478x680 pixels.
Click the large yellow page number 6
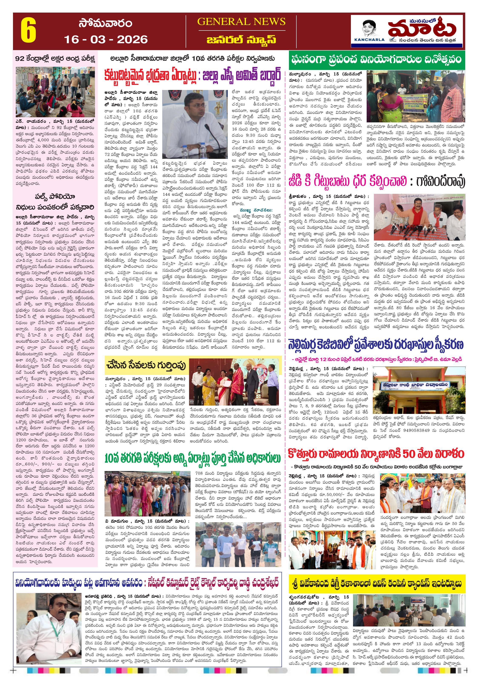(28, 31)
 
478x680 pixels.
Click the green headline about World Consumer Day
(376, 59)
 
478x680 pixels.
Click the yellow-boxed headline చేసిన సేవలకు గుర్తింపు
(146, 365)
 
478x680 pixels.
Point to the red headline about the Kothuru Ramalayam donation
(376, 453)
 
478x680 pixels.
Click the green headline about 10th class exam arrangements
(192, 459)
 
